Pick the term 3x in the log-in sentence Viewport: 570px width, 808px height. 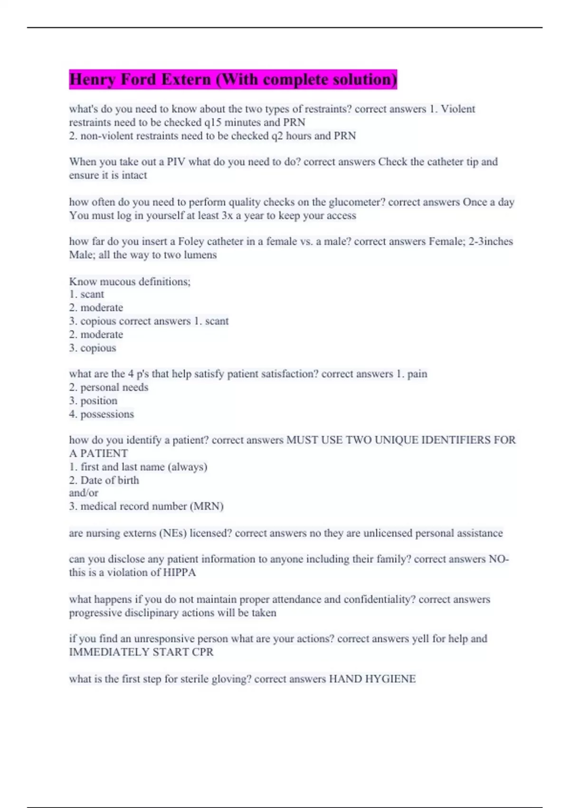(227, 215)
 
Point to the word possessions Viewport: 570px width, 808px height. (107, 414)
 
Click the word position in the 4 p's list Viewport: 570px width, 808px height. (99, 401)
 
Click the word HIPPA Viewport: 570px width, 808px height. (180, 572)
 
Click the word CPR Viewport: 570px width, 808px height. (202, 652)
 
